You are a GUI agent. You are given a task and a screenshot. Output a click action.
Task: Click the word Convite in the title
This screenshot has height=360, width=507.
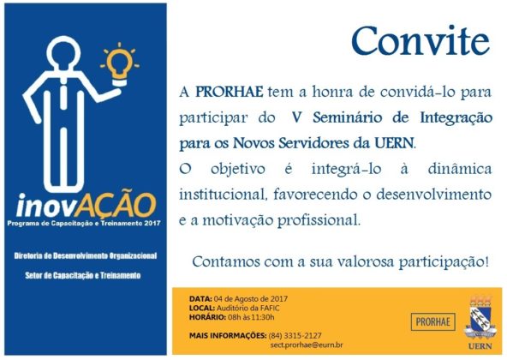click(x=421, y=41)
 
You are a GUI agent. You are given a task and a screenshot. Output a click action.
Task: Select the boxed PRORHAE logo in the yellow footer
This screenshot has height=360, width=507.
click(x=433, y=321)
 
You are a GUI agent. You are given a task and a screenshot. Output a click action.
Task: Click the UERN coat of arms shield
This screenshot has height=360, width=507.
click(x=480, y=318)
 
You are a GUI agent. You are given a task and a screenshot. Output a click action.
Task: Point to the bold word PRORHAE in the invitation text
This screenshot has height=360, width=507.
click(x=230, y=92)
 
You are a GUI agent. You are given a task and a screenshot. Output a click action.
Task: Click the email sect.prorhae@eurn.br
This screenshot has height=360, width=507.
click(x=307, y=345)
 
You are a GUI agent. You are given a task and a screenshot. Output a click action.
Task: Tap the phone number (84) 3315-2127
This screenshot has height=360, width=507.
click(x=295, y=336)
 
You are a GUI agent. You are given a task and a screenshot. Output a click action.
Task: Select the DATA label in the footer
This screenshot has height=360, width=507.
click(x=200, y=298)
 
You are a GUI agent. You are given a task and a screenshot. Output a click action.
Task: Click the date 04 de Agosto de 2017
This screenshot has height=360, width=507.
click(x=251, y=298)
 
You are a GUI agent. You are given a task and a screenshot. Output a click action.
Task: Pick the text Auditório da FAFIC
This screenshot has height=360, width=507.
click(x=248, y=308)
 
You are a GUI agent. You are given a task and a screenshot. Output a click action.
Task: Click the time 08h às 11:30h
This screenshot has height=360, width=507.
click(x=251, y=317)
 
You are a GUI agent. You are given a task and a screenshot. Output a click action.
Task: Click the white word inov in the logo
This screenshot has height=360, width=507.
click(x=45, y=206)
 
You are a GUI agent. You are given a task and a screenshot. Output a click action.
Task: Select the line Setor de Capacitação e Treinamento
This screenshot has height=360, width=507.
click(x=83, y=275)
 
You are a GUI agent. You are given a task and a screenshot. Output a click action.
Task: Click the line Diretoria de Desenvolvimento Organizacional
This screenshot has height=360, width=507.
click(x=86, y=255)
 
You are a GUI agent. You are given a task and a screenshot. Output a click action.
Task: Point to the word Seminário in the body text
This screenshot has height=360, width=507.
click(x=347, y=117)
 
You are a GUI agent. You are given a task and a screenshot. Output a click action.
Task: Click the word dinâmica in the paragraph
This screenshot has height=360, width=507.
click(x=460, y=169)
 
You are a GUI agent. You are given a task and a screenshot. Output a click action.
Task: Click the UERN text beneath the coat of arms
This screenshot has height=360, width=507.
click(x=480, y=346)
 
